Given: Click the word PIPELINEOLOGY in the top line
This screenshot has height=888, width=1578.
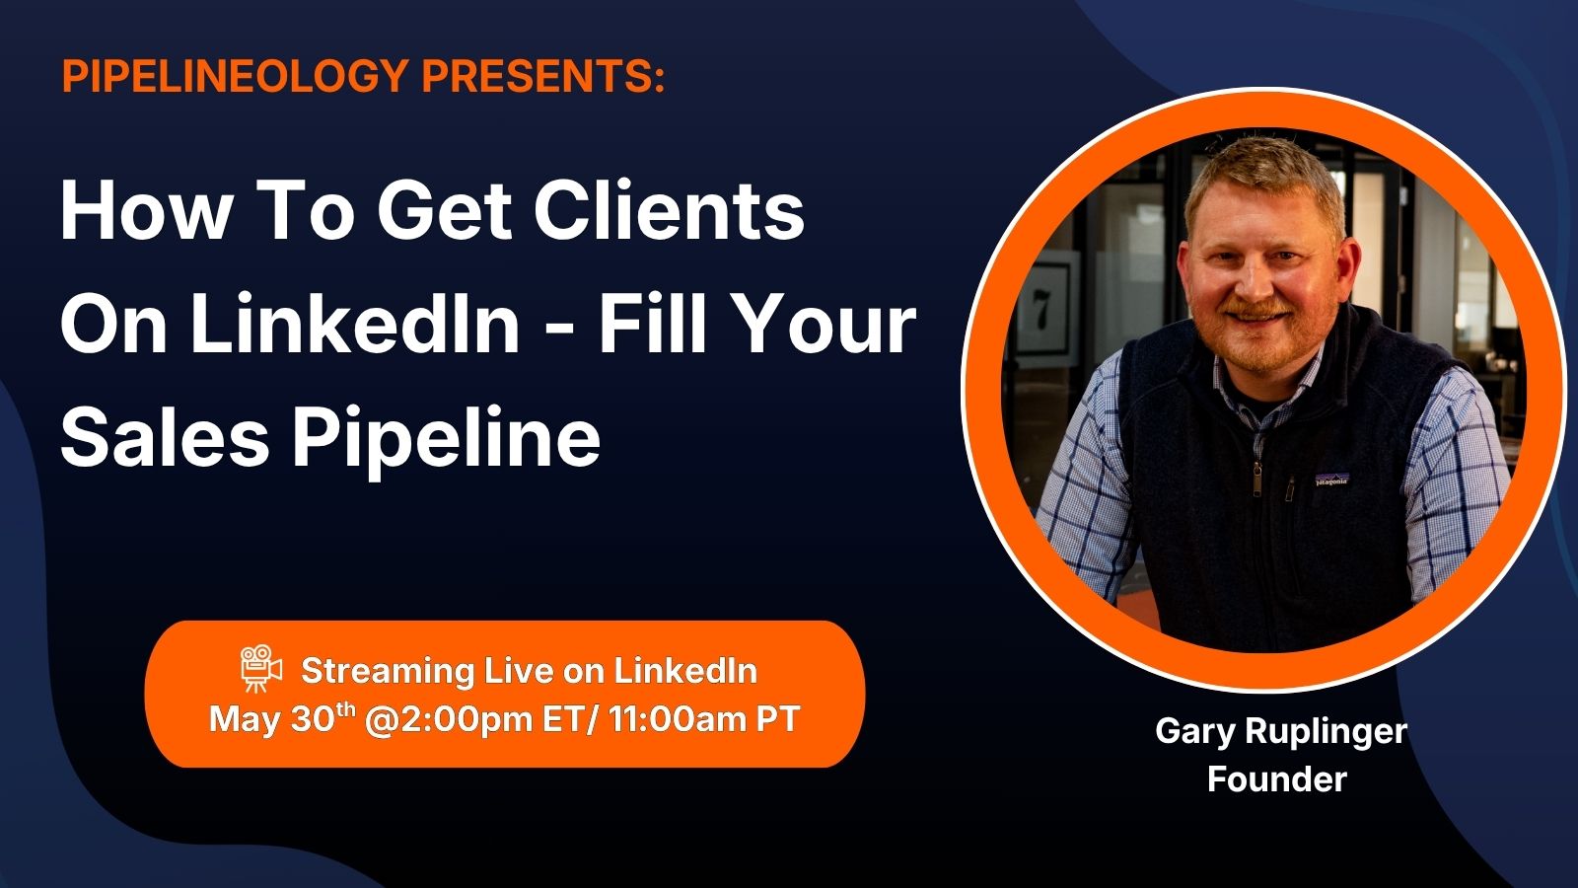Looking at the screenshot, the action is click(x=236, y=75).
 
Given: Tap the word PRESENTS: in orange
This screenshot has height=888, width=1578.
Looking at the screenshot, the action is click(x=543, y=75).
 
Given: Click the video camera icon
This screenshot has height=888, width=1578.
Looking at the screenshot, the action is click(x=260, y=668).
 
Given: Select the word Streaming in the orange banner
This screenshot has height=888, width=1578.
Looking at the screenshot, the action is click(x=388, y=672).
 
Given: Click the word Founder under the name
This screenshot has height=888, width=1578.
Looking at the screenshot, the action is click(x=1276, y=779).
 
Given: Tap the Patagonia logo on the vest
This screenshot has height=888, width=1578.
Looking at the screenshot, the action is click(x=1331, y=480).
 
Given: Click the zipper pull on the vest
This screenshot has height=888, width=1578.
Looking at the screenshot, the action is click(x=1256, y=481).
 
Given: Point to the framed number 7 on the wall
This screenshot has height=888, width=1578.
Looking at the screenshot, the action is click(x=1041, y=310).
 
